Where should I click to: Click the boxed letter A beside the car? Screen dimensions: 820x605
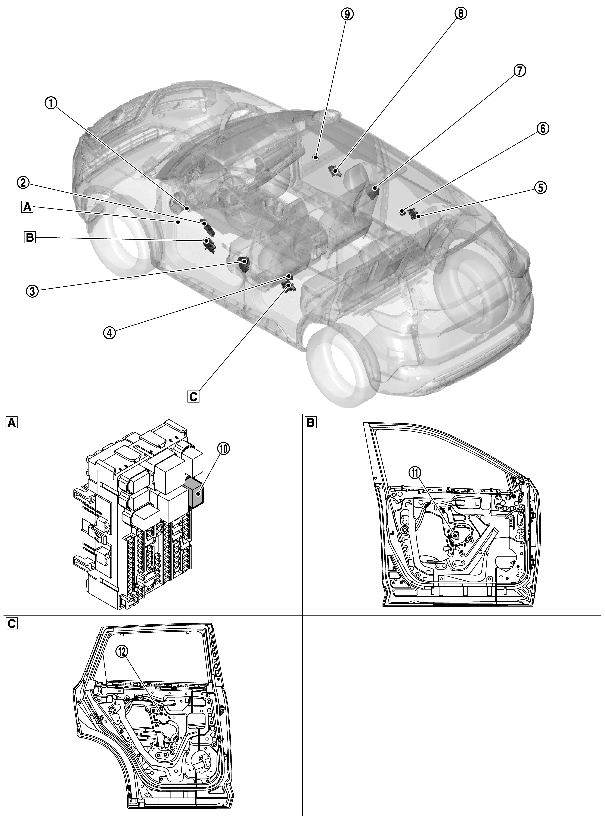coord(27,208)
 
